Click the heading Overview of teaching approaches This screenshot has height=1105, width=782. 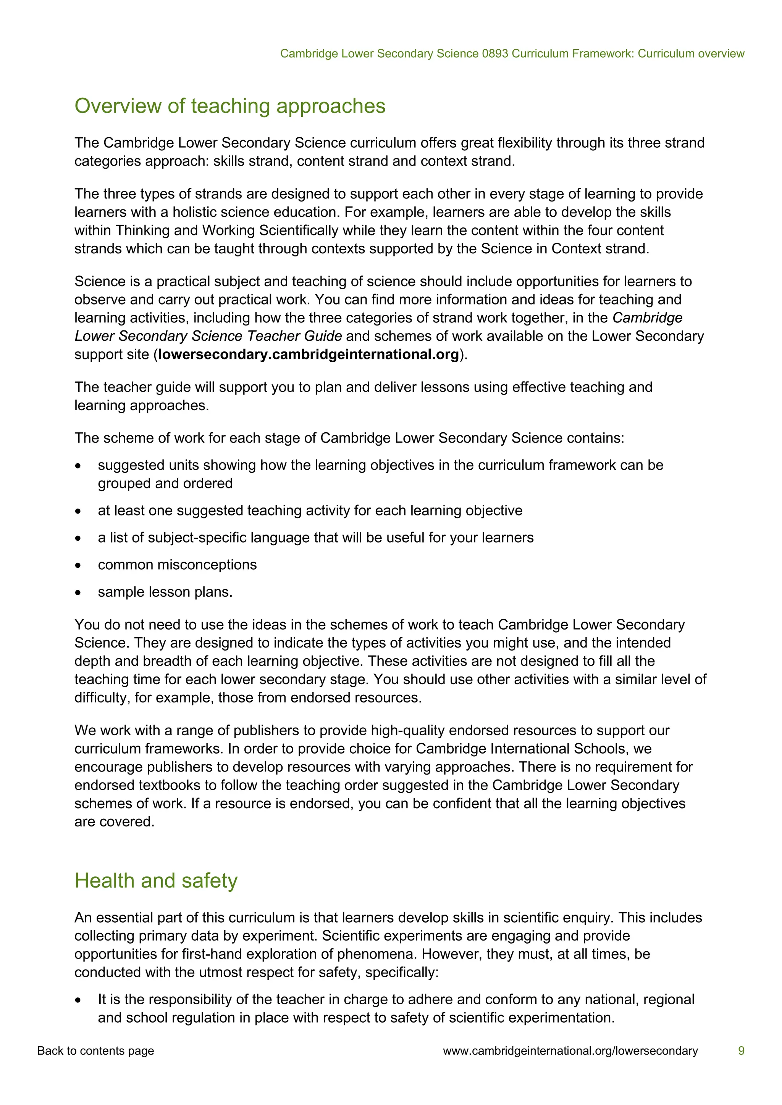coord(230,106)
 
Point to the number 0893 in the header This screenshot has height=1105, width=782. coord(495,53)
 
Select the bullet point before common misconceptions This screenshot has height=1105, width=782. coord(78,565)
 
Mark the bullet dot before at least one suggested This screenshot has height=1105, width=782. coord(78,511)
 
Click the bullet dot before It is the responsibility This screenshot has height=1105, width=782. coord(78,1000)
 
